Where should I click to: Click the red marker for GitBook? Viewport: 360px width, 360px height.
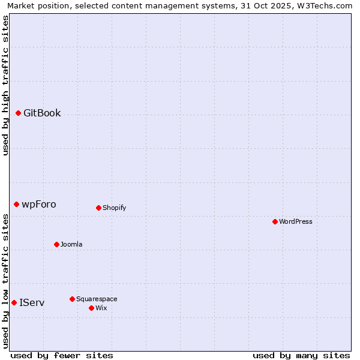(x=19, y=113)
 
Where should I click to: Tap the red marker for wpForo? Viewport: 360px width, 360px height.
(x=17, y=204)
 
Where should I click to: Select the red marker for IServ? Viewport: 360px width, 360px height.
(x=14, y=302)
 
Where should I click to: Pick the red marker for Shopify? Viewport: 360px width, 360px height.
(x=98, y=208)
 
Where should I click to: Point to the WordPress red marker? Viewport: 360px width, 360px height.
(x=275, y=221)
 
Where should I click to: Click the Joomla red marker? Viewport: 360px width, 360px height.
(x=56, y=244)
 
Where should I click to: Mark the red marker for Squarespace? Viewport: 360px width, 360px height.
(x=72, y=299)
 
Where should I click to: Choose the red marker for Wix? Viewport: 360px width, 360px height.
(x=91, y=308)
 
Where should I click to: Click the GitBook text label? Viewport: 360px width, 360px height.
(x=42, y=113)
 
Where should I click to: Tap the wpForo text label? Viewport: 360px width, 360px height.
(x=39, y=204)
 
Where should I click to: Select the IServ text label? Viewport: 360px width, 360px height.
(x=32, y=302)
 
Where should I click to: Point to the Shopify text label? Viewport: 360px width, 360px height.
(x=114, y=208)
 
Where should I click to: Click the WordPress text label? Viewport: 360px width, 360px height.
(x=296, y=221)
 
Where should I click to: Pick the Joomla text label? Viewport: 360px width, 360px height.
(x=71, y=244)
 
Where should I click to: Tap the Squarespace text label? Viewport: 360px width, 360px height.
(x=97, y=299)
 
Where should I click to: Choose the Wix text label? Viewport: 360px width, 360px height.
(x=101, y=308)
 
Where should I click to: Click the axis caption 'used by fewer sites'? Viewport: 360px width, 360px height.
(x=62, y=355)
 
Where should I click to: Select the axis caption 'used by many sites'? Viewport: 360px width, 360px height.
(x=301, y=355)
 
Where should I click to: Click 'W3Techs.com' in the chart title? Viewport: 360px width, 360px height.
(x=327, y=5)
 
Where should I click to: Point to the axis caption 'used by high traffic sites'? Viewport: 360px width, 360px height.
(x=5, y=85)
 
